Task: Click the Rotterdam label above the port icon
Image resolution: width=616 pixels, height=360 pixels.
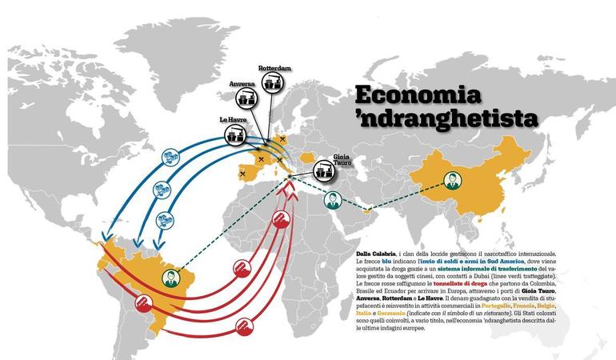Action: point(274,69)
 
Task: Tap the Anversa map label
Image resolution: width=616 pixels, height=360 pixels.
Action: point(243,85)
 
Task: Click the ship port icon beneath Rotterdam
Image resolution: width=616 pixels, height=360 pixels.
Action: point(274,83)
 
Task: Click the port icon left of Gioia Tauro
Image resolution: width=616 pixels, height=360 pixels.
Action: point(322,170)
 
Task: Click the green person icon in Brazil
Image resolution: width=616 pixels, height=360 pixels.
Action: point(170,278)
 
